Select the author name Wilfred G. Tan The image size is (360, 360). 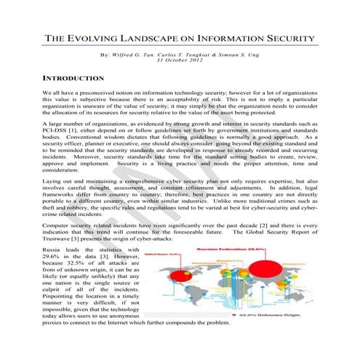pos(135,55)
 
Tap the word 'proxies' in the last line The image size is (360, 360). pos(55,322)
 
